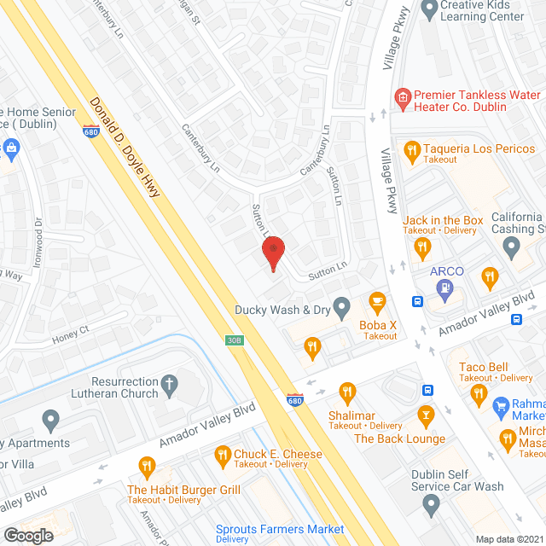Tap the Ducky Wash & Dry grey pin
click(342, 305)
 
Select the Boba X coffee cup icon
click(377, 302)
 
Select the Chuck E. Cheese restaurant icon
click(224, 455)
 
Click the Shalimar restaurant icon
click(346, 393)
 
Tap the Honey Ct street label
click(71, 330)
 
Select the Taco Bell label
click(484, 366)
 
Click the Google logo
click(28, 535)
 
